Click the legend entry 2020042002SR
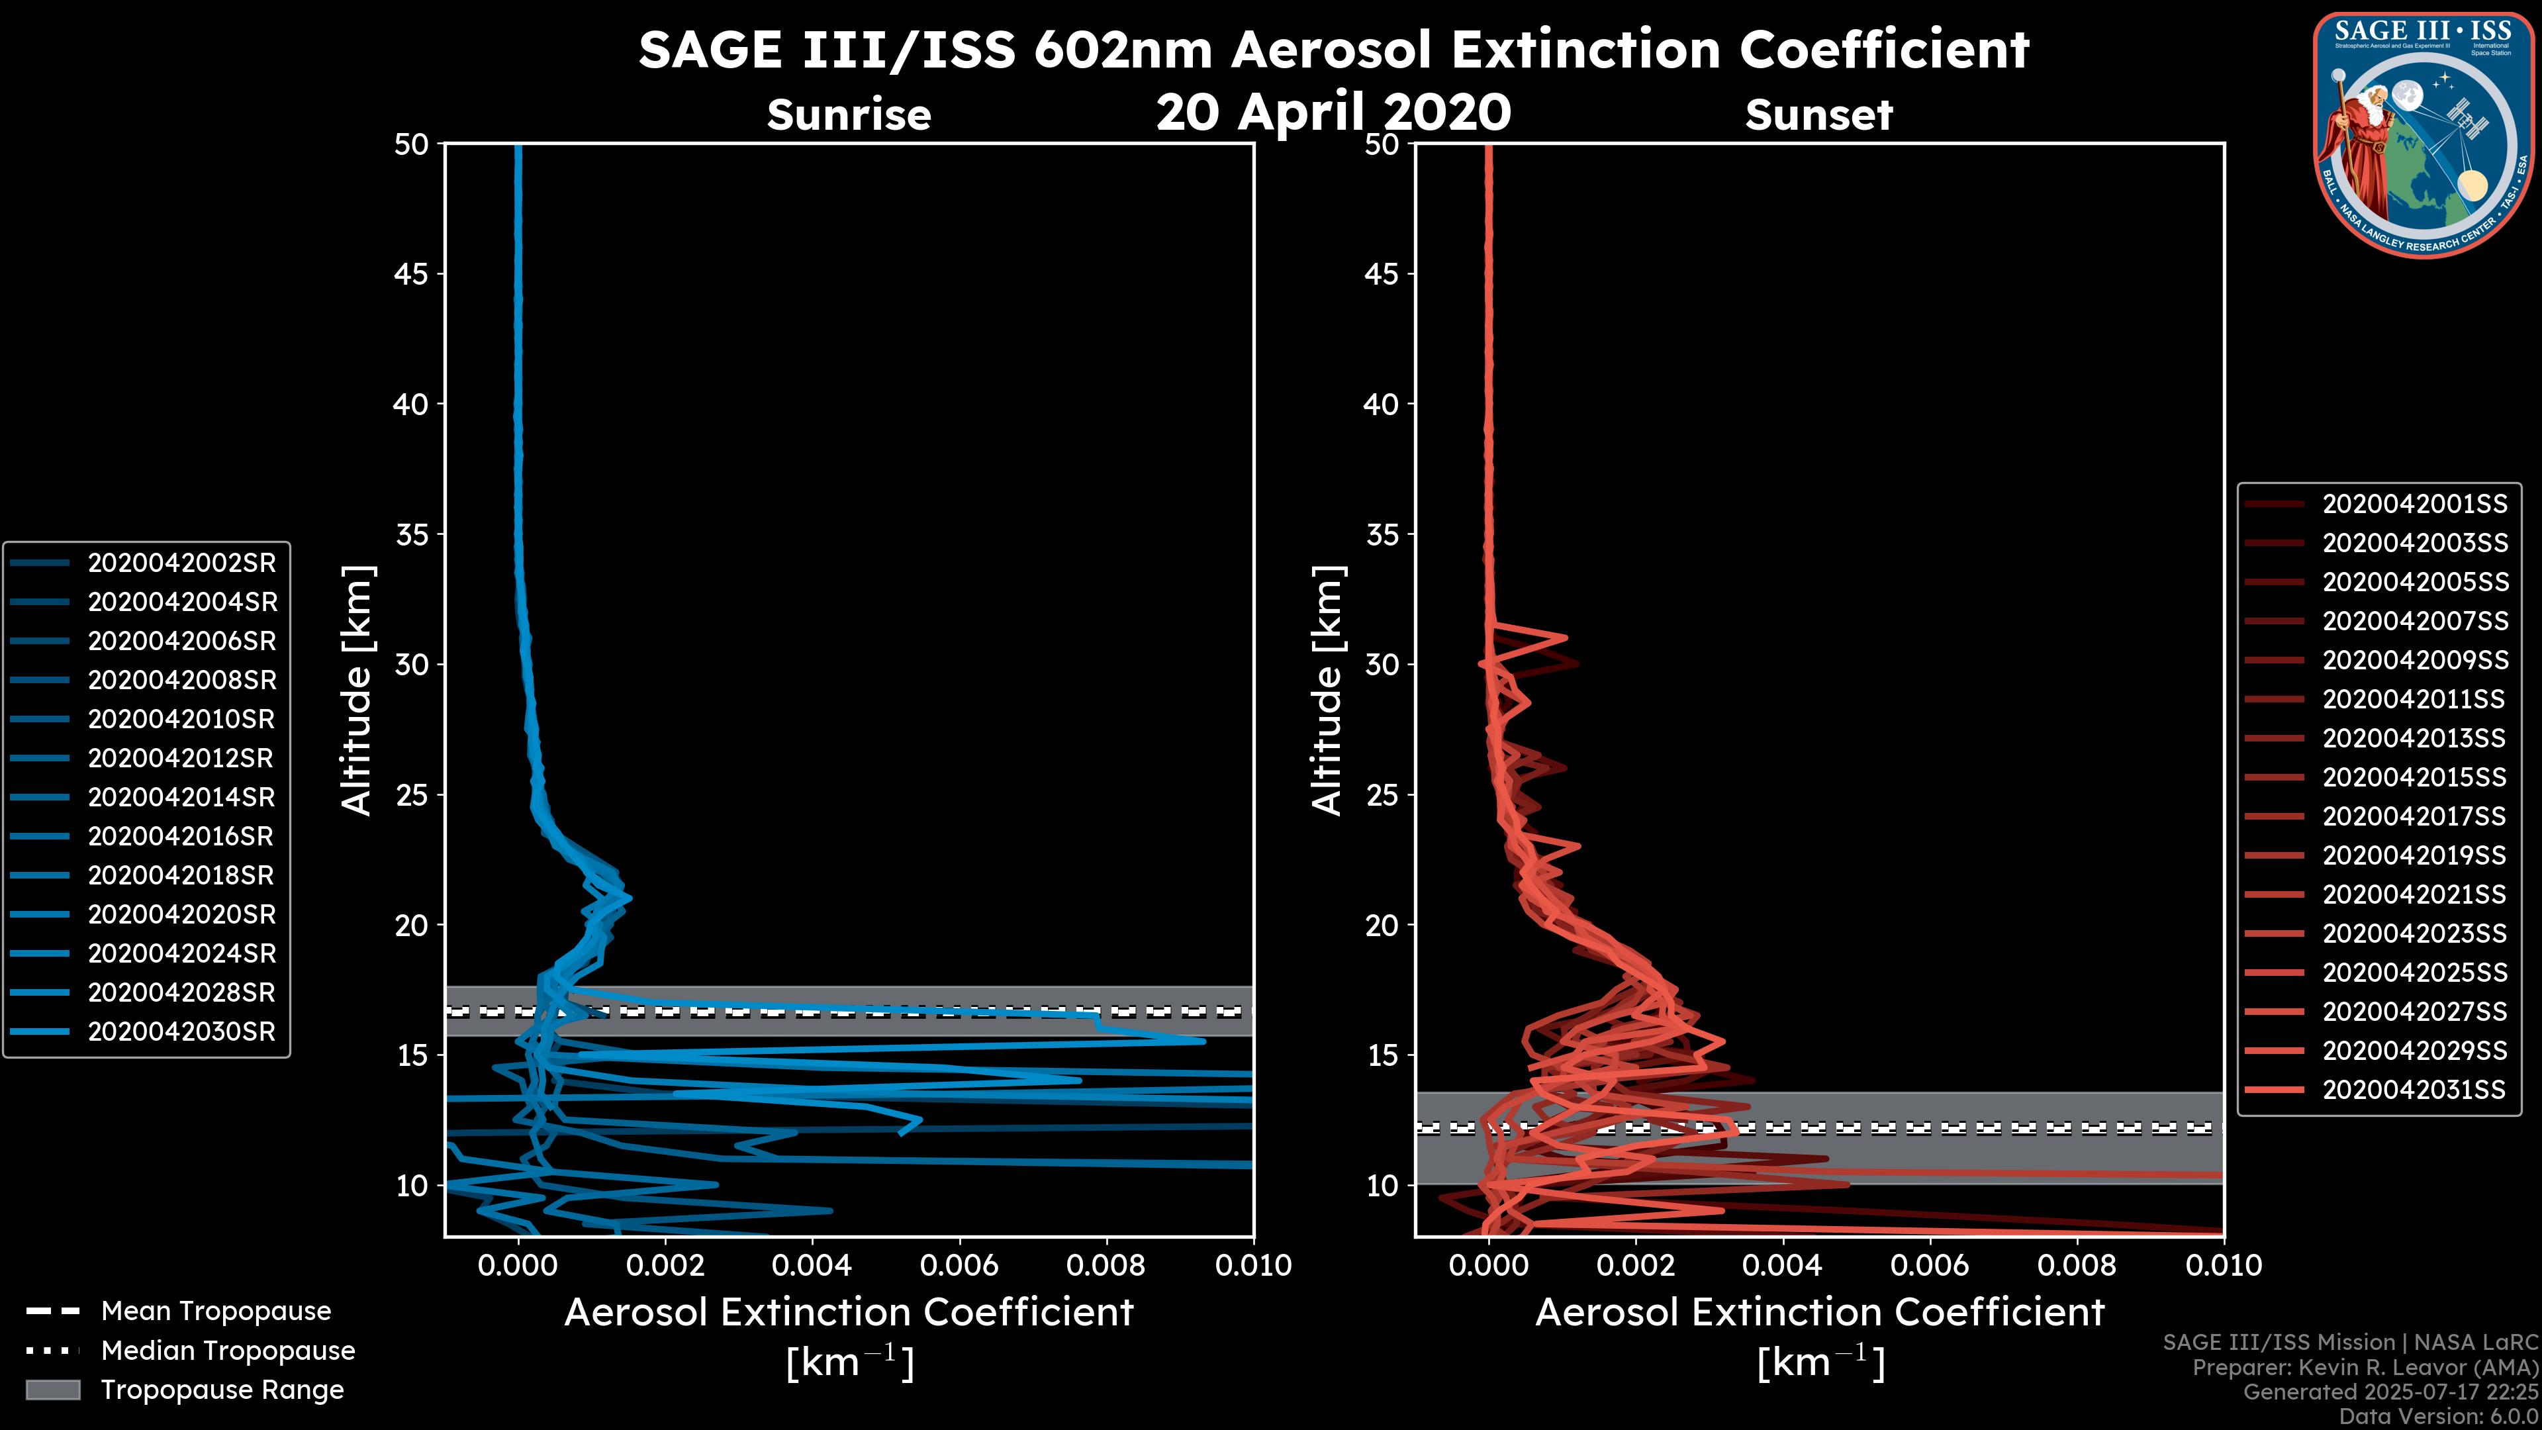click(x=181, y=563)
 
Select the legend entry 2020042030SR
click(x=181, y=1031)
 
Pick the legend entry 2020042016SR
click(x=181, y=836)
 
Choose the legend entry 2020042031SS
click(x=2414, y=1090)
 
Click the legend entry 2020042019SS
click(x=2414, y=855)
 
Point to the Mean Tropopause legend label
click(x=216, y=1311)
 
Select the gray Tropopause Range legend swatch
click(x=52, y=1390)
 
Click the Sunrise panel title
click(x=849, y=115)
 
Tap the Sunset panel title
click(x=1818, y=115)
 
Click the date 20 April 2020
click(x=1333, y=111)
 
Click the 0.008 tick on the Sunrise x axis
click(x=1106, y=1265)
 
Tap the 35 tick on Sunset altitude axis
click(x=1382, y=534)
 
